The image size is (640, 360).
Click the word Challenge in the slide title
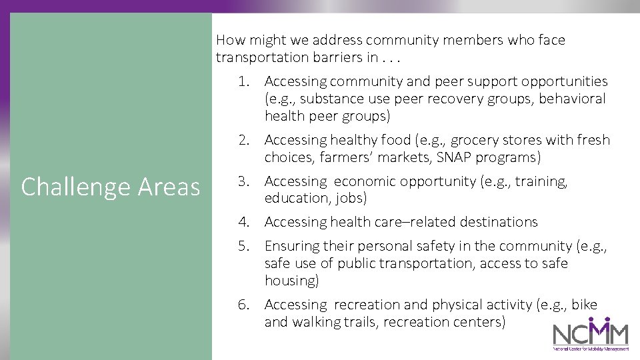point(75,187)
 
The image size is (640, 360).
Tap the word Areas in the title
point(169,187)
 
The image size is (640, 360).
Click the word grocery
point(475,140)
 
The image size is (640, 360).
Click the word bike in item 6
point(585,305)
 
